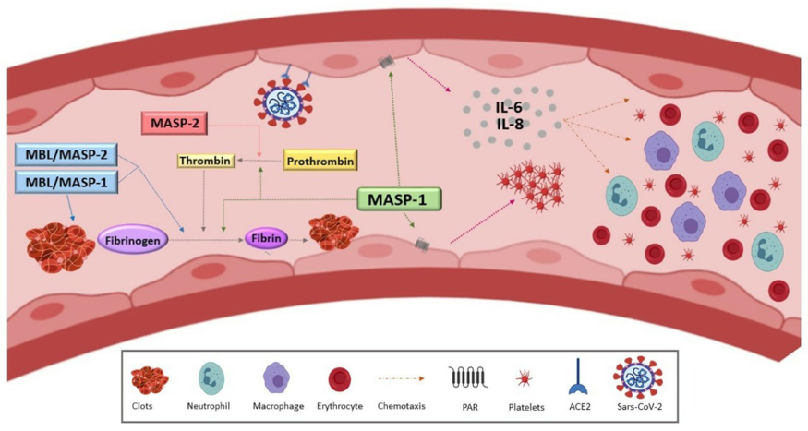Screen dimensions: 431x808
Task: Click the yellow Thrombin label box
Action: [x=203, y=162]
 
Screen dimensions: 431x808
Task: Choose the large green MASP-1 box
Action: [x=398, y=198]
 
